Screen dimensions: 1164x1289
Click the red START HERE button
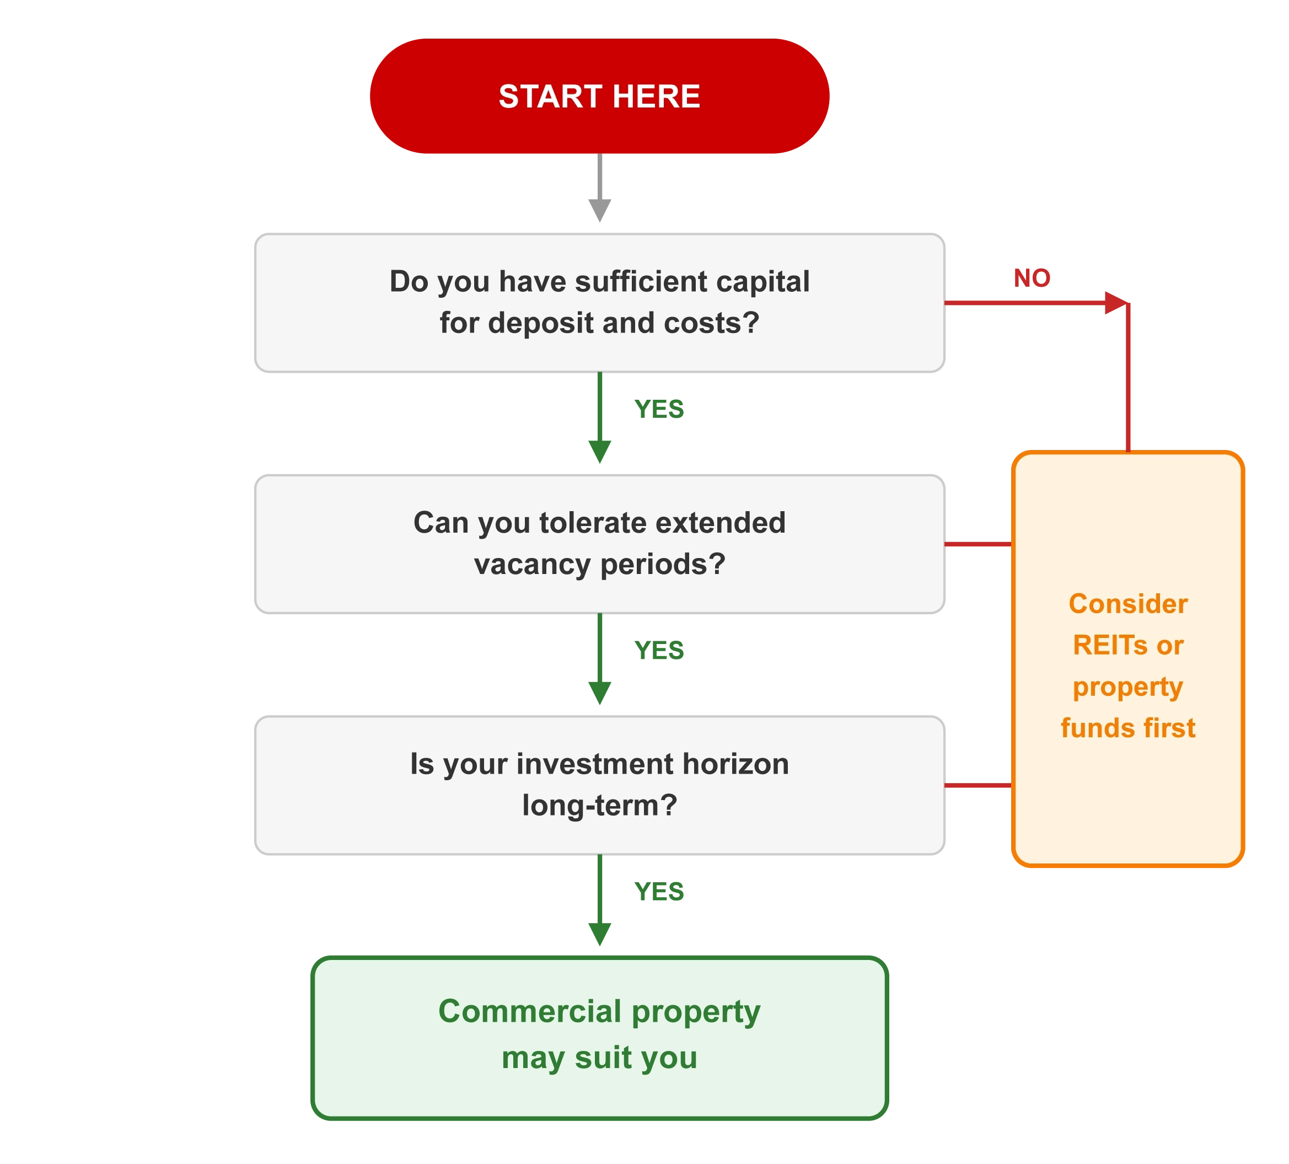[599, 96]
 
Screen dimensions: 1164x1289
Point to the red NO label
[1032, 277]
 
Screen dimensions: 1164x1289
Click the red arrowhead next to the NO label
[1115, 303]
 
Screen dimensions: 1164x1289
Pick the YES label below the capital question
[659, 409]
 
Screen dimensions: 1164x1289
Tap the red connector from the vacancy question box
[978, 544]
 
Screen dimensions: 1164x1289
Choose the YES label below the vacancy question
[659, 651]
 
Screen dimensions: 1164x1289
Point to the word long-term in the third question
[599, 805]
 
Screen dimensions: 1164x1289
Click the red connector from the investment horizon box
[978, 785]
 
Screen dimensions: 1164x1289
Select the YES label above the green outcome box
[659, 893]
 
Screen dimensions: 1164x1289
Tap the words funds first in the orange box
[1128, 728]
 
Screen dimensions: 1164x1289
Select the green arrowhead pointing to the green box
[600, 934]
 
